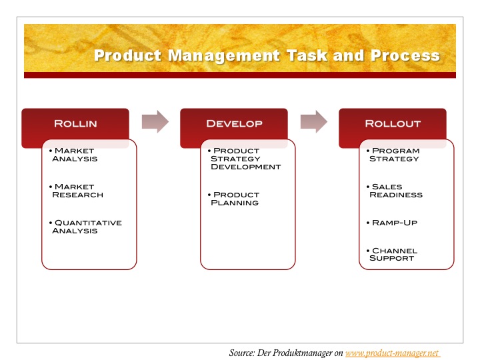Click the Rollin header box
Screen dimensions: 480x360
[x=75, y=124]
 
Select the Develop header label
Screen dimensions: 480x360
[x=234, y=124]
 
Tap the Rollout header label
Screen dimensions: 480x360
[x=393, y=124]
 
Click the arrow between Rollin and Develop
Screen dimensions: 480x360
[x=155, y=121]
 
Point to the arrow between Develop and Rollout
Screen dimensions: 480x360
[x=314, y=121]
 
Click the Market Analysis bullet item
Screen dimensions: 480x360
[x=73, y=155]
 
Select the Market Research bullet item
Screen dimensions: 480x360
[x=76, y=191]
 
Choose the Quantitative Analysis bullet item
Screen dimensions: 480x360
[x=85, y=227]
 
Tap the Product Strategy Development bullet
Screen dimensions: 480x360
[x=244, y=159]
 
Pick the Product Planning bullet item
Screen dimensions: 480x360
[x=233, y=199]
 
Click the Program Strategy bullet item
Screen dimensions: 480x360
[x=393, y=155]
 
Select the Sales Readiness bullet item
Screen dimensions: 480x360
[x=395, y=191]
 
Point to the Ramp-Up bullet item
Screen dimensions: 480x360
[x=392, y=223]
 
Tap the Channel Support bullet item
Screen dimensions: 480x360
[x=392, y=255]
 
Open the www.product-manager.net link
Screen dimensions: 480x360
[x=392, y=353]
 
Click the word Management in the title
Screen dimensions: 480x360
[x=224, y=56]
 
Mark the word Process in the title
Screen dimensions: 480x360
[x=405, y=56]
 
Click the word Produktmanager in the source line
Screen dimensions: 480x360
[x=303, y=353]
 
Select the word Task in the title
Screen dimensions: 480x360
[x=307, y=56]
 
